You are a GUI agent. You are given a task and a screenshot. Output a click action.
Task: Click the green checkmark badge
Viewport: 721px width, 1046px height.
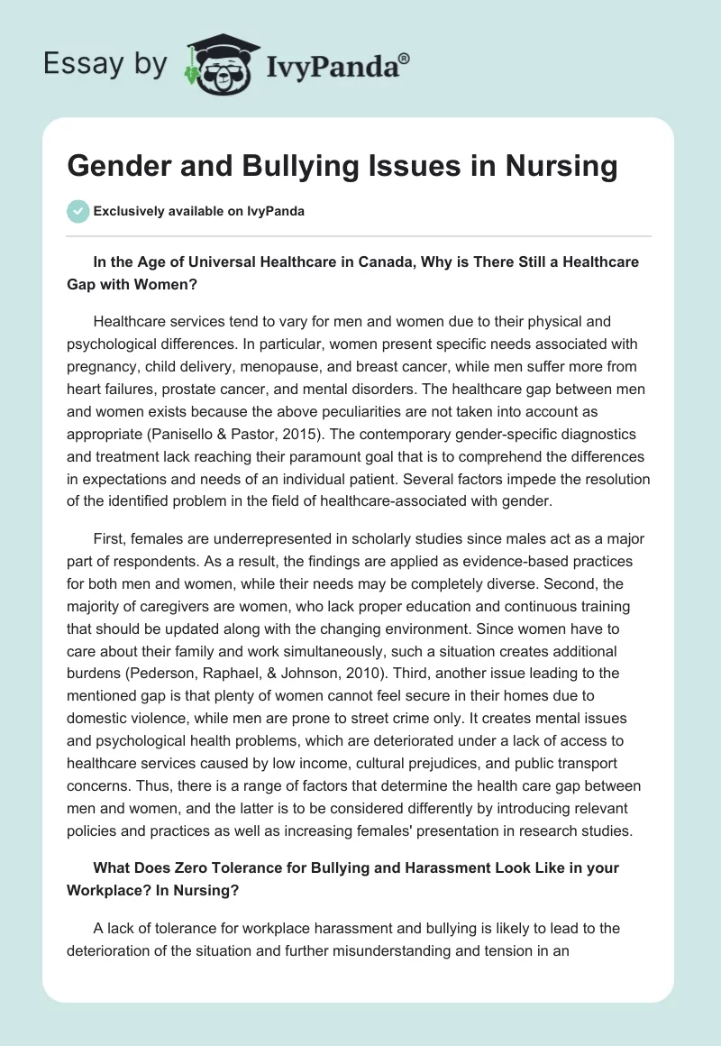point(78,211)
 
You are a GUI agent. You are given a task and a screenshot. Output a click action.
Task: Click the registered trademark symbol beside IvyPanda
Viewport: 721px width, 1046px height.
point(405,58)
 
